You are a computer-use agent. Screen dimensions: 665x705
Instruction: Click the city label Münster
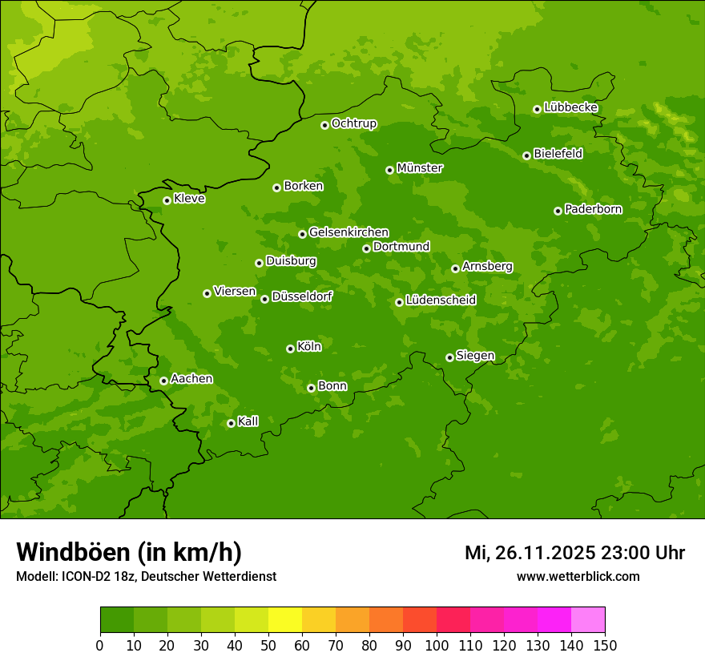click(420, 168)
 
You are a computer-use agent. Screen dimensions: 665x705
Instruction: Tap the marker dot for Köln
click(290, 349)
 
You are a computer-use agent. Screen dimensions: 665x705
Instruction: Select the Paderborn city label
click(593, 209)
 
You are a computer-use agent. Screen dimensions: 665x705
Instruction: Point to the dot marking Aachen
click(163, 381)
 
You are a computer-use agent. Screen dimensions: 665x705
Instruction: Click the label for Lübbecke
click(570, 107)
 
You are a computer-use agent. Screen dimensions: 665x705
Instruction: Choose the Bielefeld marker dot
click(526, 155)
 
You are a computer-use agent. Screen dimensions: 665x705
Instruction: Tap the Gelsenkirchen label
click(348, 232)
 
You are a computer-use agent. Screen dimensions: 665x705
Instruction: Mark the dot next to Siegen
click(449, 357)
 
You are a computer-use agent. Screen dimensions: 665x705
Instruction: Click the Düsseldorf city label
click(302, 296)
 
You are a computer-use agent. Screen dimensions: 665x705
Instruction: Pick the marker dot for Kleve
click(167, 200)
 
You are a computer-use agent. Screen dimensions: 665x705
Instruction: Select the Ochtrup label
click(353, 123)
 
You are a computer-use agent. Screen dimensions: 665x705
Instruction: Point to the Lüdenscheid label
click(441, 300)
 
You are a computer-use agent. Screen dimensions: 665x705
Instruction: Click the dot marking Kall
click(231, 423)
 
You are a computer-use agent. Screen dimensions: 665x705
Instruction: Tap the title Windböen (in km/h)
click(129, 552)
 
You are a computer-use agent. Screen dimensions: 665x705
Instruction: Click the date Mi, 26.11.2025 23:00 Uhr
click(574, 553)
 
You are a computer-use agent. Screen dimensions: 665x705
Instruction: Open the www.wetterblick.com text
click(578, 576)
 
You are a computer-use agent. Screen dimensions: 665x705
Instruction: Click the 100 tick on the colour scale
click(437, 645)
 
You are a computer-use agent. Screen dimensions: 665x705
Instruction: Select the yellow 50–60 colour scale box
click(285, 620)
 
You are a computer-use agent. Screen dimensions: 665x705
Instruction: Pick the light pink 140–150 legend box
click(588, 620)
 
